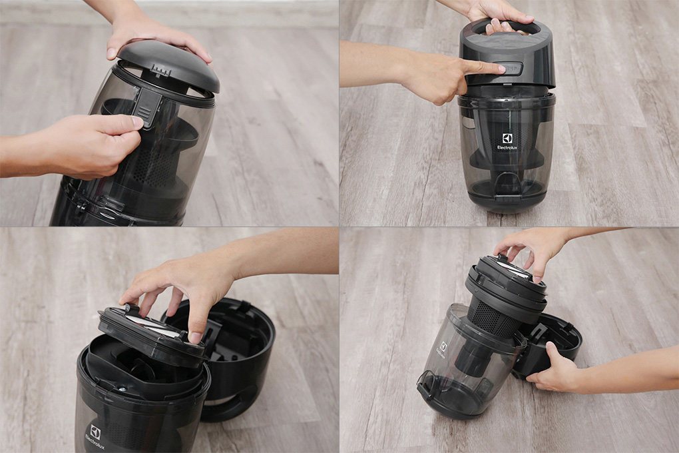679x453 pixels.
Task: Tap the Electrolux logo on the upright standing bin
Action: (507, 142)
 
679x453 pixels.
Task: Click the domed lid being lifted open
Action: (169, 65)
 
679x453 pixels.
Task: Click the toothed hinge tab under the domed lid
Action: (160, 71)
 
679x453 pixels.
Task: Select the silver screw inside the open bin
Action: (122, 389)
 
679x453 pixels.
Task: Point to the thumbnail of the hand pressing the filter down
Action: (195, 337)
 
